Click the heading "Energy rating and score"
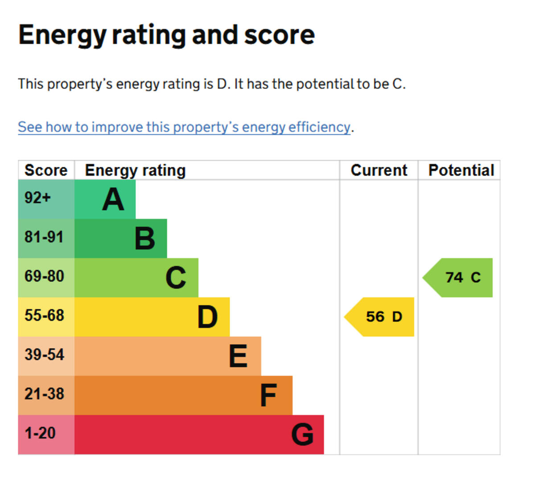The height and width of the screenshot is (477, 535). point(166,35)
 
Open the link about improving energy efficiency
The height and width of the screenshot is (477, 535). point(184,127)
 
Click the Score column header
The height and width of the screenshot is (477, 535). point(46,170)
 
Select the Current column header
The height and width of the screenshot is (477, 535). point(379,170)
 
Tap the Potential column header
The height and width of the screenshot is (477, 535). point(461,170)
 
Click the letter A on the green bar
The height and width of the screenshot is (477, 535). point(113,199)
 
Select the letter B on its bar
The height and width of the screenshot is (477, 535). point(145,238)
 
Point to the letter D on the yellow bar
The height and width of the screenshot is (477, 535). point(207,317)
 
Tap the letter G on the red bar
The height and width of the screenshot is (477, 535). point(302,435)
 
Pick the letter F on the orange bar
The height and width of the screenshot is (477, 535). point(268,395)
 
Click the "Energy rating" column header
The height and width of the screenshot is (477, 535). point(135,170)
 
